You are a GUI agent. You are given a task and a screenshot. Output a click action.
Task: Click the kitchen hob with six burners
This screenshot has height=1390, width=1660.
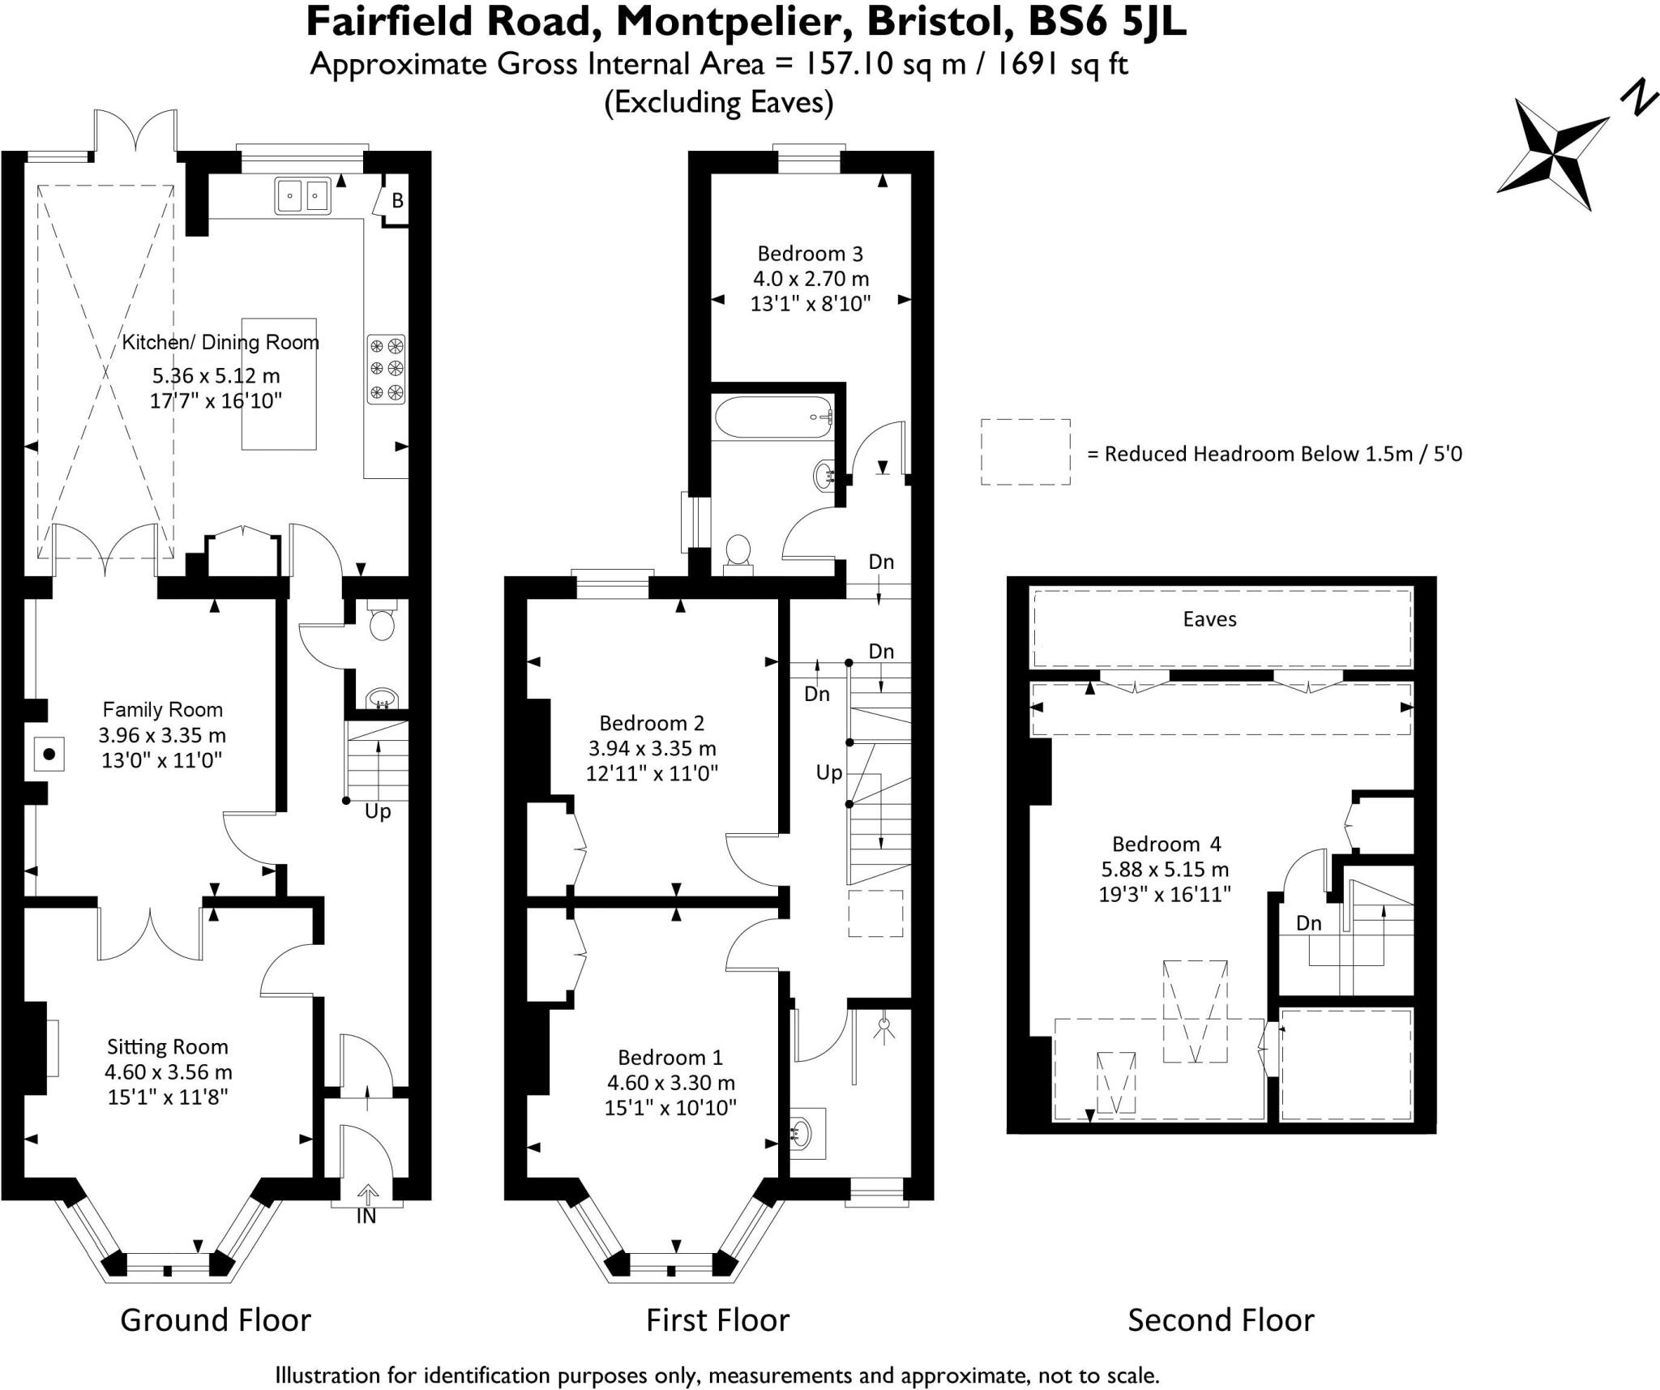point(387,370)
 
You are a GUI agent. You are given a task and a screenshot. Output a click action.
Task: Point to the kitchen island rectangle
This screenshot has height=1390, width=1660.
point(279,383)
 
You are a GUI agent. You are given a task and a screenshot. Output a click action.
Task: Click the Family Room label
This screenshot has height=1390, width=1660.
point(162,710)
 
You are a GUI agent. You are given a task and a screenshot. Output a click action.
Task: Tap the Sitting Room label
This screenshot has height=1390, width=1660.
point(168,1047)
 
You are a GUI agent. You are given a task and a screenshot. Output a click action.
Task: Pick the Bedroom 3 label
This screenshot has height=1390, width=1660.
point(811,254)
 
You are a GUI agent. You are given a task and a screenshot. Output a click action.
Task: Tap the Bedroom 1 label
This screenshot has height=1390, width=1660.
point(670,1058)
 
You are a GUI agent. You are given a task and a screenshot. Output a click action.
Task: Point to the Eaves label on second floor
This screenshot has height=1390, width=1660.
point(1209,620)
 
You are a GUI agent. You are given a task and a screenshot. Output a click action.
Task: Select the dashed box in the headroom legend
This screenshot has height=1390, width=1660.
point(1025,452)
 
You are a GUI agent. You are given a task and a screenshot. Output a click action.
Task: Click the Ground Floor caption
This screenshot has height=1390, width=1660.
point(216,1320)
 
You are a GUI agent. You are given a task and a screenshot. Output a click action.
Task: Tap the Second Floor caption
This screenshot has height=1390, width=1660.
point(1221,1320)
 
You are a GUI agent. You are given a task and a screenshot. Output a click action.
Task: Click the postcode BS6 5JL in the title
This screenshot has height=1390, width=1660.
point(1106,22)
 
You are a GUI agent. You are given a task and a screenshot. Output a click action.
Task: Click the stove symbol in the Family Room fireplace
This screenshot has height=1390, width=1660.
point(49,755)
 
